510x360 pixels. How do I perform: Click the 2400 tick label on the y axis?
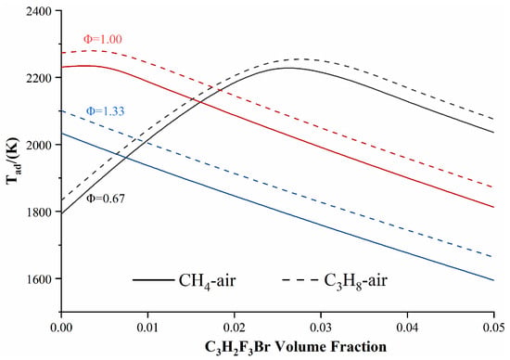(x=39, y=11)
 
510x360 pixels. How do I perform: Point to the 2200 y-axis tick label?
(x=39, y=78)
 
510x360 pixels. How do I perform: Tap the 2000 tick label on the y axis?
(x=39, y=145)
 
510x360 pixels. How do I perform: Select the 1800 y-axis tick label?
(x=39, y=212)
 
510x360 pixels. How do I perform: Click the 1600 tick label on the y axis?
(x=39, y=279)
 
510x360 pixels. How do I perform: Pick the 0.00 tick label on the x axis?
(x=61, y=328)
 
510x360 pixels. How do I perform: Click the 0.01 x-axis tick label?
(x=147, y=328)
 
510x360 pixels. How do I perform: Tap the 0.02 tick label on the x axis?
(x=235, y=328)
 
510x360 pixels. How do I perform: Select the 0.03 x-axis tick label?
(x=321, y=328)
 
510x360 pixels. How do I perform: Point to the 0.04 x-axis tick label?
(x=407, y=328)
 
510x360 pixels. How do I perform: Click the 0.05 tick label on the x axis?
(x=494, y=328)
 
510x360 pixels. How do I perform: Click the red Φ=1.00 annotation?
(x=103, y=39)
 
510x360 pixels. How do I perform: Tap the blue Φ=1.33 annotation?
(x=105, y=111)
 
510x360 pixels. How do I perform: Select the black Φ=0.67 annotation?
(x=106, y=199)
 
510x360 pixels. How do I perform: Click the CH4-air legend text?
(x=207, y=280)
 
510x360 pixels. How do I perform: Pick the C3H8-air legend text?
(x=356, y=280)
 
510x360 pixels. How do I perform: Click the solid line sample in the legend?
(x=153, y=280)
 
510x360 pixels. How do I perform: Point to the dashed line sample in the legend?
(x=300, y=280)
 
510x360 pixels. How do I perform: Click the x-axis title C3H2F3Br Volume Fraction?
(x=296, y=347)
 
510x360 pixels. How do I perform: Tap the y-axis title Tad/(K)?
(x=14, y=161)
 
